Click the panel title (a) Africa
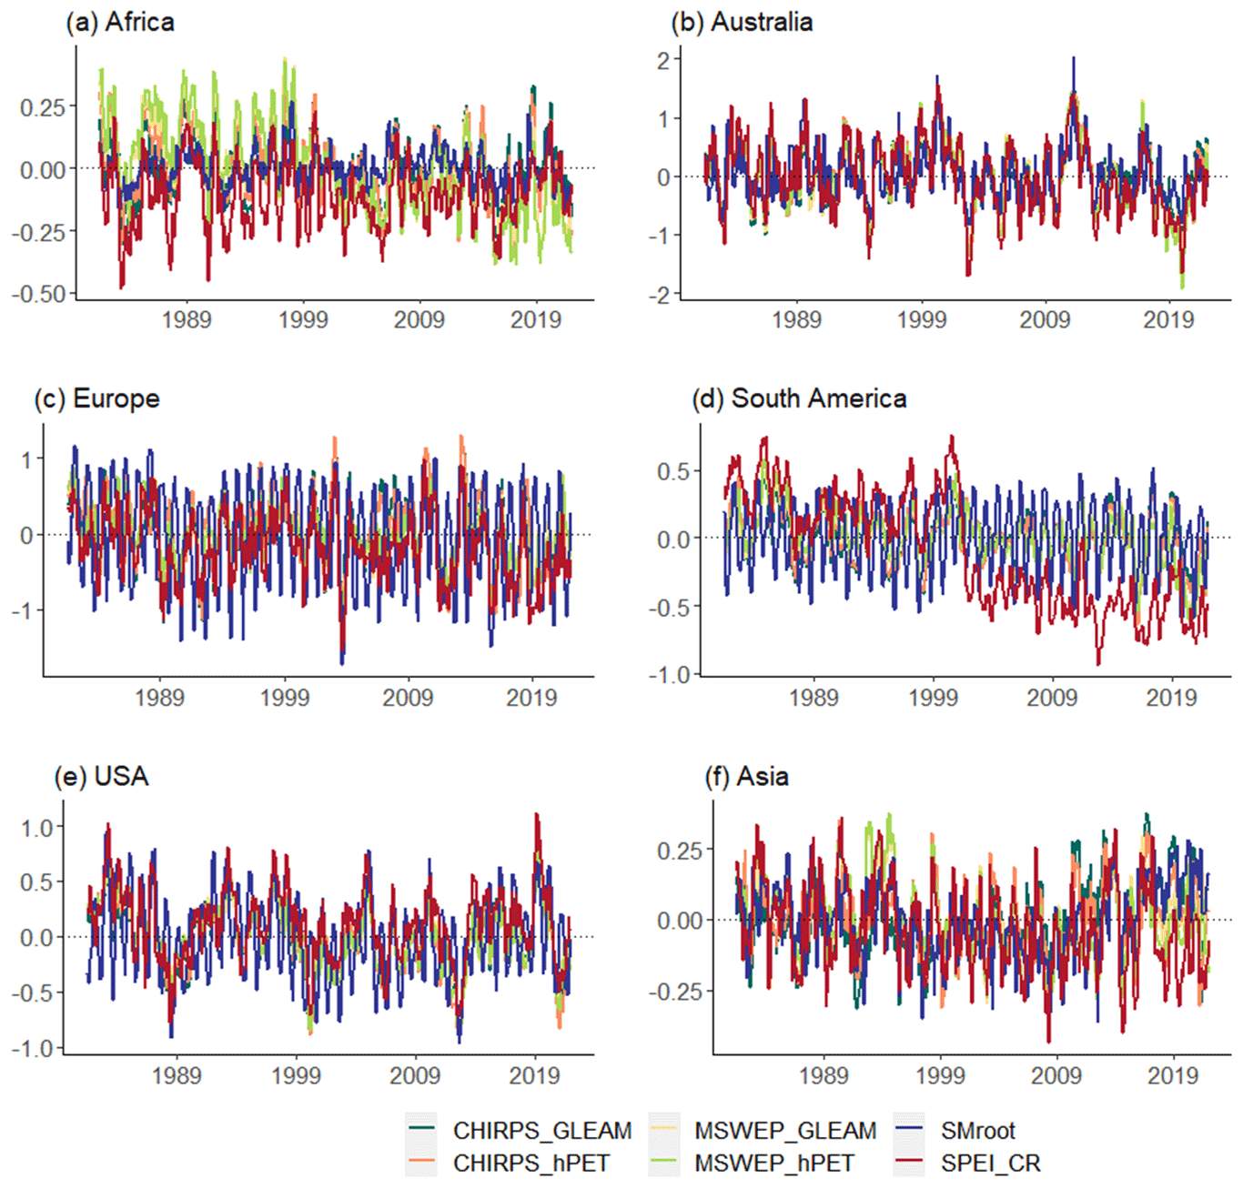(120, 22)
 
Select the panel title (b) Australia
(742, 22)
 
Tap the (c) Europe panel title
(97, 398)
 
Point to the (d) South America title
(800, 398)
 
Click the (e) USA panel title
(101, 776)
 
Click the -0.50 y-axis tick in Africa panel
(39, 294)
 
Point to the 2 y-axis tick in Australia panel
(663, 60)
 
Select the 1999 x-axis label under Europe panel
(285, 698)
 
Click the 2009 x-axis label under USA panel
(415, 1075)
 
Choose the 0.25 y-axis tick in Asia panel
(680, 851)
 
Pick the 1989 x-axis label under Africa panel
(187, 320)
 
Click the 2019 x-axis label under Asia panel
(1173, 1075)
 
